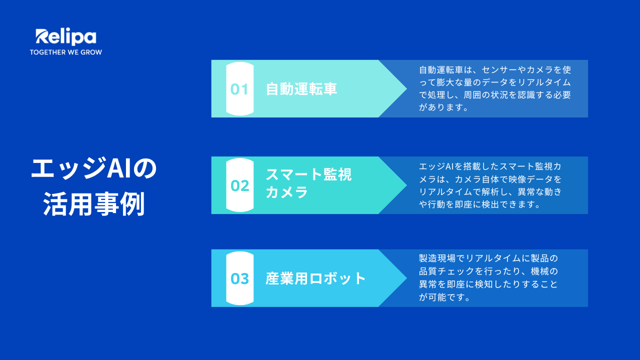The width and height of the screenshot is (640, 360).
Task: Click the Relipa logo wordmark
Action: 66,37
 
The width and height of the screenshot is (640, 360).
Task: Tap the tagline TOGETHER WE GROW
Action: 66,52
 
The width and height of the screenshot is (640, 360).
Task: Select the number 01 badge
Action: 239,89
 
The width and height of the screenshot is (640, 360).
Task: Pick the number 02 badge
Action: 239,185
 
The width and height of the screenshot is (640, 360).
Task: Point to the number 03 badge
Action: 239,278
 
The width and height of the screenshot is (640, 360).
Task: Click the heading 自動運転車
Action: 301,89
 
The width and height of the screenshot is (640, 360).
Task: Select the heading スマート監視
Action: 309,174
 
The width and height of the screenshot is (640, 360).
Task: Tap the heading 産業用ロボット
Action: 315,278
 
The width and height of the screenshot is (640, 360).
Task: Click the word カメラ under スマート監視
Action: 287,191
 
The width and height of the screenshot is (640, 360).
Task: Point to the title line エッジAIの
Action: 94,168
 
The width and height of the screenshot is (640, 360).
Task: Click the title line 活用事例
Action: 94,204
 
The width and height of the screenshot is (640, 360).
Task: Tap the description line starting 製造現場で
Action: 488,258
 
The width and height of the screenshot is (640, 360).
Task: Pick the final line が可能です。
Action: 444,297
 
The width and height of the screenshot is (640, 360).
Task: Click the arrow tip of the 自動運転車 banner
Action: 406,88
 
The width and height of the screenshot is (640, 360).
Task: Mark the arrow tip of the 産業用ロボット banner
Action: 406,278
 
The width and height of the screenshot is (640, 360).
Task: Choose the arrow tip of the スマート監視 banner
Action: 406,185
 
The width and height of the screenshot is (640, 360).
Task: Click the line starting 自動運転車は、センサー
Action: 495,69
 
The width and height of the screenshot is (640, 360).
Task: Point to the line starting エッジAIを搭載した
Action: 490,166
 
